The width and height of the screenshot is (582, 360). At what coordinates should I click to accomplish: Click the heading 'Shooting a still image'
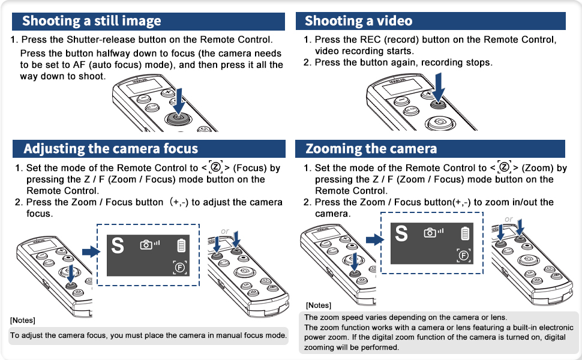(92, 21)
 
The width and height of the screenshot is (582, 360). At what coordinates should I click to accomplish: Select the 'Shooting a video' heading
(358, 21)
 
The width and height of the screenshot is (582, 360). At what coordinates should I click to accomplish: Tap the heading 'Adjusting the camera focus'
(110, 148)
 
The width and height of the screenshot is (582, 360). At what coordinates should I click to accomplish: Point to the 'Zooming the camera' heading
(371, 148)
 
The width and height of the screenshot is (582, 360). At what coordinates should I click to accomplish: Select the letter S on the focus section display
(118, 245)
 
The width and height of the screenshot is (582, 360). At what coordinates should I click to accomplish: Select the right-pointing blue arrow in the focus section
(90, 251)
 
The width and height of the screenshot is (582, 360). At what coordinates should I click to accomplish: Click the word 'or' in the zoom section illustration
(509, 219)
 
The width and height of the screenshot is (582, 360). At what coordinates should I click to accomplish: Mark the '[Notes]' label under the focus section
(23, 319)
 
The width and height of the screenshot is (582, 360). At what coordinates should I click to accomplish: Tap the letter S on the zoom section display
(401, 234)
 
